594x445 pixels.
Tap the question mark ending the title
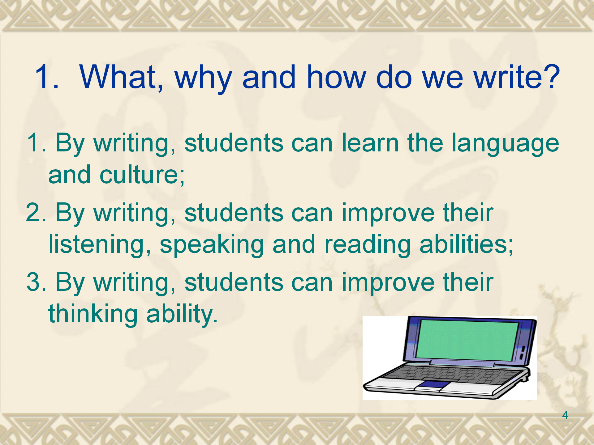[x=552, y=76]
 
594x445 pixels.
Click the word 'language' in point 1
[x=505, y=144]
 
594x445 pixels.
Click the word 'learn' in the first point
[x=370, y=142]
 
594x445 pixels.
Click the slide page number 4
[x=565, y=415]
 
